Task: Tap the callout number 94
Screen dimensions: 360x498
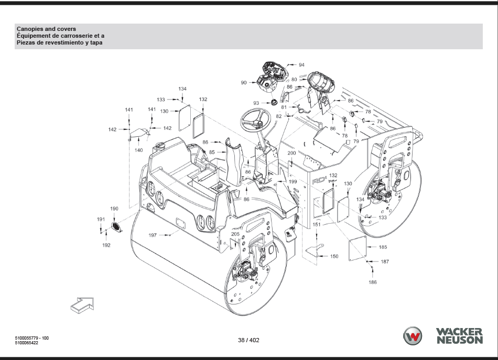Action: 301,65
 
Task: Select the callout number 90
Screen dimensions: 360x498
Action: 244,83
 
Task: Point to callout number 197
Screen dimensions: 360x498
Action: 153,235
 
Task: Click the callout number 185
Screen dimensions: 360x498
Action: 383,247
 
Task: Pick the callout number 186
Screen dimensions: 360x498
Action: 373,282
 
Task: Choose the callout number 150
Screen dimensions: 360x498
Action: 334,256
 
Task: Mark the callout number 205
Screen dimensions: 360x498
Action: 235,234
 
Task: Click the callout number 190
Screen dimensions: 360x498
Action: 114,209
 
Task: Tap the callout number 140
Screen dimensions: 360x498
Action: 138,150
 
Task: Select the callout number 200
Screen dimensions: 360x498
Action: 291,153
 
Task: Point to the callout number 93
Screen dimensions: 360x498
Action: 256,103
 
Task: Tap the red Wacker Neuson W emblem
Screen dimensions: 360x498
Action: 412,336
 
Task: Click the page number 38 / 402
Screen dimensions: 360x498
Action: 248,340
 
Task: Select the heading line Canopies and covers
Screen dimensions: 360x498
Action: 46,29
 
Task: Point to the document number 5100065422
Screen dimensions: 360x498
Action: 29,343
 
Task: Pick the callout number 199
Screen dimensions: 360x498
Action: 293,182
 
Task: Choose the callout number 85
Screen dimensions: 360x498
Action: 212,152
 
